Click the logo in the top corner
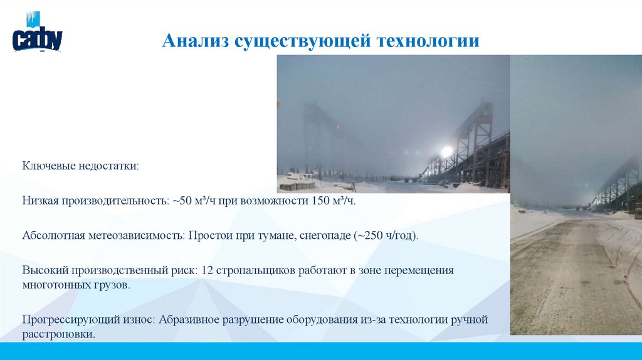point(37,34)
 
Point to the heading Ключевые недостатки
point(81,167)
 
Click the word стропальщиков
point(253,270)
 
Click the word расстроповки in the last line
point(58,334)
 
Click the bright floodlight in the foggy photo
point(446,151)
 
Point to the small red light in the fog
point(339,127)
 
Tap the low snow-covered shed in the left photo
point(296,183)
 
